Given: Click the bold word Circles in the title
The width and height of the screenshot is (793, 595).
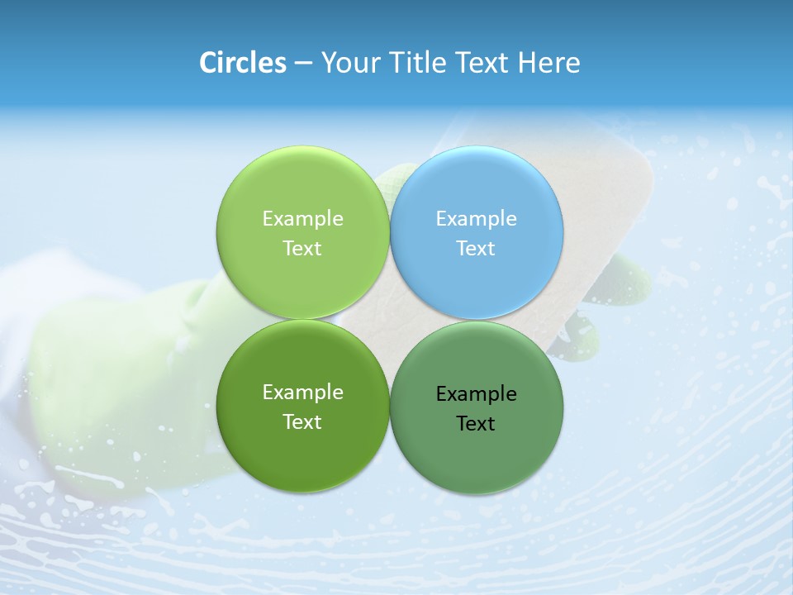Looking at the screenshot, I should pyautogui.click(x=242, y=63).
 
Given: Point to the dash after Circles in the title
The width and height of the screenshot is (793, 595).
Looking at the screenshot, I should pyautogui.click(x=303, y=64).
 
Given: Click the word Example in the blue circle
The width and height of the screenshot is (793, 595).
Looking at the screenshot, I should pyautogui.click(x=477, y=218).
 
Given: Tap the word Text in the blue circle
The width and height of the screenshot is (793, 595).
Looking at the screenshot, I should pyautogui.click(x=477, y=248).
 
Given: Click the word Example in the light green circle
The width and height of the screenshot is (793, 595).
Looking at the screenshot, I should pyautogui.click(x=302, y=218).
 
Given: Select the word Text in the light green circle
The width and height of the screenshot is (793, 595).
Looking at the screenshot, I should pyautogui.click(x=302, y=248).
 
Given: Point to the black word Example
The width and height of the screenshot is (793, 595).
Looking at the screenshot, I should pyautogui.click(x=477, y=393).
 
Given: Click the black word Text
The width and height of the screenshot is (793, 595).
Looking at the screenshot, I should pyautogui.click(x=477, y=423).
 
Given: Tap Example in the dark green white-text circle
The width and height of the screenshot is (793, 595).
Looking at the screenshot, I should pyautogui.click(x=302, y=392).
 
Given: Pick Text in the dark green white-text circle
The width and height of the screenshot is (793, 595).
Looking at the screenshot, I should pyautogui.click(x=302, y=421).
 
